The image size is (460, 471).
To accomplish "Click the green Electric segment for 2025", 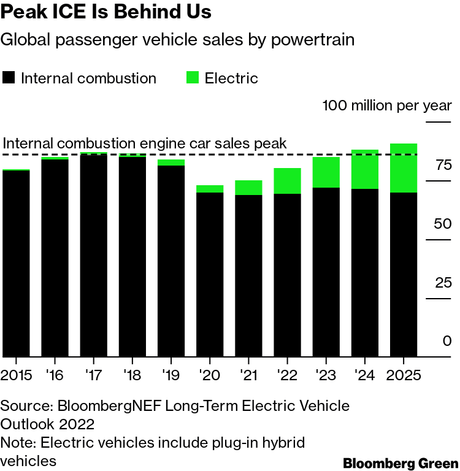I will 404,168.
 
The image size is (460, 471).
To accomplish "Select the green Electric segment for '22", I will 287,181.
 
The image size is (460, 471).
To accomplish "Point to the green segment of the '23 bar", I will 326,172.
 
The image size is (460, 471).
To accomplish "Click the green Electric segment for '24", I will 364,169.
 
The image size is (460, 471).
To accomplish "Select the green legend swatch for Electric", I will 193,78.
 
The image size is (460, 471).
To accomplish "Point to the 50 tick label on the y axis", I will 443,224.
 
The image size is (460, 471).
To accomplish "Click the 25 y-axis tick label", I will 443,283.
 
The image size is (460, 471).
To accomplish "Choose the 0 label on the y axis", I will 447,341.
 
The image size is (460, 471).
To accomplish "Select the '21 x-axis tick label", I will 248,375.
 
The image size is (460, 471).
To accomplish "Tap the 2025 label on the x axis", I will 404,375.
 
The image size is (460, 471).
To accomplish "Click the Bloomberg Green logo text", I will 401,462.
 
